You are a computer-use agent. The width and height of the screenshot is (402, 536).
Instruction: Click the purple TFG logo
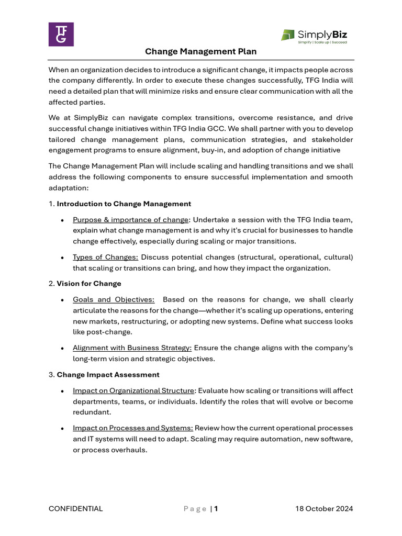[61, 35]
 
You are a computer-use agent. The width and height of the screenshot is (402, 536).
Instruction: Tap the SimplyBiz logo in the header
[314, 35]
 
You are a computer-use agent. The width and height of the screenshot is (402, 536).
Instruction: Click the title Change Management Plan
[201, 52]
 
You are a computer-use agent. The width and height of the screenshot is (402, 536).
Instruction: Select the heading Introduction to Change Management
[124, 204]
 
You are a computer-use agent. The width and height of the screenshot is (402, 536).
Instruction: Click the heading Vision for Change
[89, 283]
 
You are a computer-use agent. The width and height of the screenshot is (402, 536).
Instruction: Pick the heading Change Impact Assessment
[108, 374]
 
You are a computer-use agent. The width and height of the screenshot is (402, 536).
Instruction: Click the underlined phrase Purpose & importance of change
[130, 219]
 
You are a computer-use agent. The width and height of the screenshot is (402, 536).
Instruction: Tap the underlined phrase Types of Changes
[105, 257]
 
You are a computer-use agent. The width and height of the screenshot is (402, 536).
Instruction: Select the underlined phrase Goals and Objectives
[114, 299]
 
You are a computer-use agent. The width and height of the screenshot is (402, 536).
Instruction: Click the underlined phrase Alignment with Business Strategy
[132, 348]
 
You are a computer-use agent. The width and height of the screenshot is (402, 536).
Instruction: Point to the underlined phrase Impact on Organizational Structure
[133, 390]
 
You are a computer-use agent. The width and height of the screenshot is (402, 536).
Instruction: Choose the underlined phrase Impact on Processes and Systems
[132, 428]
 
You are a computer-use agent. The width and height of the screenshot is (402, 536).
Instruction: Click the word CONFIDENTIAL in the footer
[76, 508]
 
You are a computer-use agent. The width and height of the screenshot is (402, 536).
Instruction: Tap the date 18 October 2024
[324, 508]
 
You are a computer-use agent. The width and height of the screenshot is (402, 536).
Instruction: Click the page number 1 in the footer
[216, 508]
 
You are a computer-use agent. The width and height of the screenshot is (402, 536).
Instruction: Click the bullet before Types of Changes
[63, 258]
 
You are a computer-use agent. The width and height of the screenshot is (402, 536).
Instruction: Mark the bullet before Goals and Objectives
[63, 300]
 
